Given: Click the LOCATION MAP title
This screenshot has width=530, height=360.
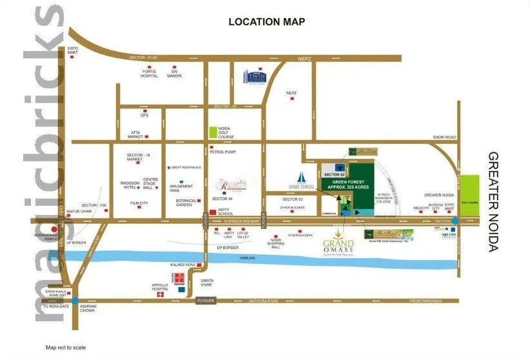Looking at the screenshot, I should point(267,22).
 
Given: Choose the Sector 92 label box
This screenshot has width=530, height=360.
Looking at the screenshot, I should point(335,175).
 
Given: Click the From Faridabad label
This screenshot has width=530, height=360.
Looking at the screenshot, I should point(424,301).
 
